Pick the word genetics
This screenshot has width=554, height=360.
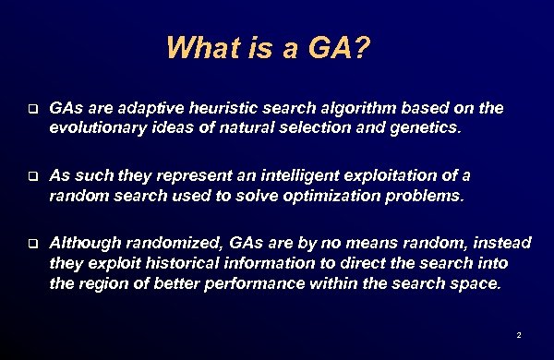[422, 129]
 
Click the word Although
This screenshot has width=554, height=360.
[84, 243]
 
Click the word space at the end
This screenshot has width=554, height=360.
[476, 283]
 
